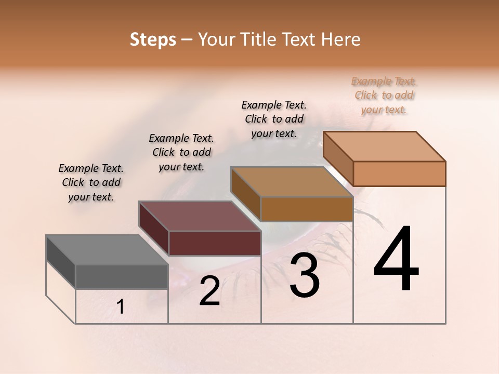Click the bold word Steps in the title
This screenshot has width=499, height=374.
click(153, 39)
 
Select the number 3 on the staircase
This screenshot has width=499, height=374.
click(305, 275)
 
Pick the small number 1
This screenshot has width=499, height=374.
click(121, 307)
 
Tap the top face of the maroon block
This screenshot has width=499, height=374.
click(199, 216)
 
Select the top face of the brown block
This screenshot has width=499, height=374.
click(292, 182)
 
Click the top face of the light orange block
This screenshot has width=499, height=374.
click(384, 146)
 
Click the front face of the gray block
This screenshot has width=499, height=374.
click(122, 277)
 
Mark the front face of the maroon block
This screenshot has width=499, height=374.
click(214, 243)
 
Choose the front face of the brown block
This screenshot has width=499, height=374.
click(307, 209)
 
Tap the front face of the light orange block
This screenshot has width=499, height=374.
click(399, 173)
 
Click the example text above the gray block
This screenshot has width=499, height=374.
click(91, 182)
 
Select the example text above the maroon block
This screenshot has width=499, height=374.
click(181, 152)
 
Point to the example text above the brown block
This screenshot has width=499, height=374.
click(274, 119)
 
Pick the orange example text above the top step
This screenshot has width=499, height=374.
click(384, 95)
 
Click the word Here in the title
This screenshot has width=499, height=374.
click(342, 39)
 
